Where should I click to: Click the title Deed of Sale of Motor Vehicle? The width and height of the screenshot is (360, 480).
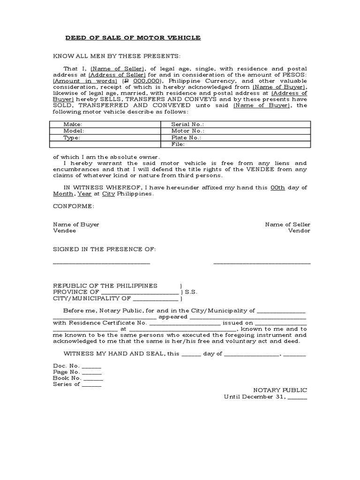click(x=133, y=37)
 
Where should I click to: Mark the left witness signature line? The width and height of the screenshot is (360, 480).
click(x=101, y=263)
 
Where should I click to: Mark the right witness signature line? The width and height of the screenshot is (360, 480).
click(x=262, y=263)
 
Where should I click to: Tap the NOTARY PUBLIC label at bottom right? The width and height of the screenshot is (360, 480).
click(x=280, y=390)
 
